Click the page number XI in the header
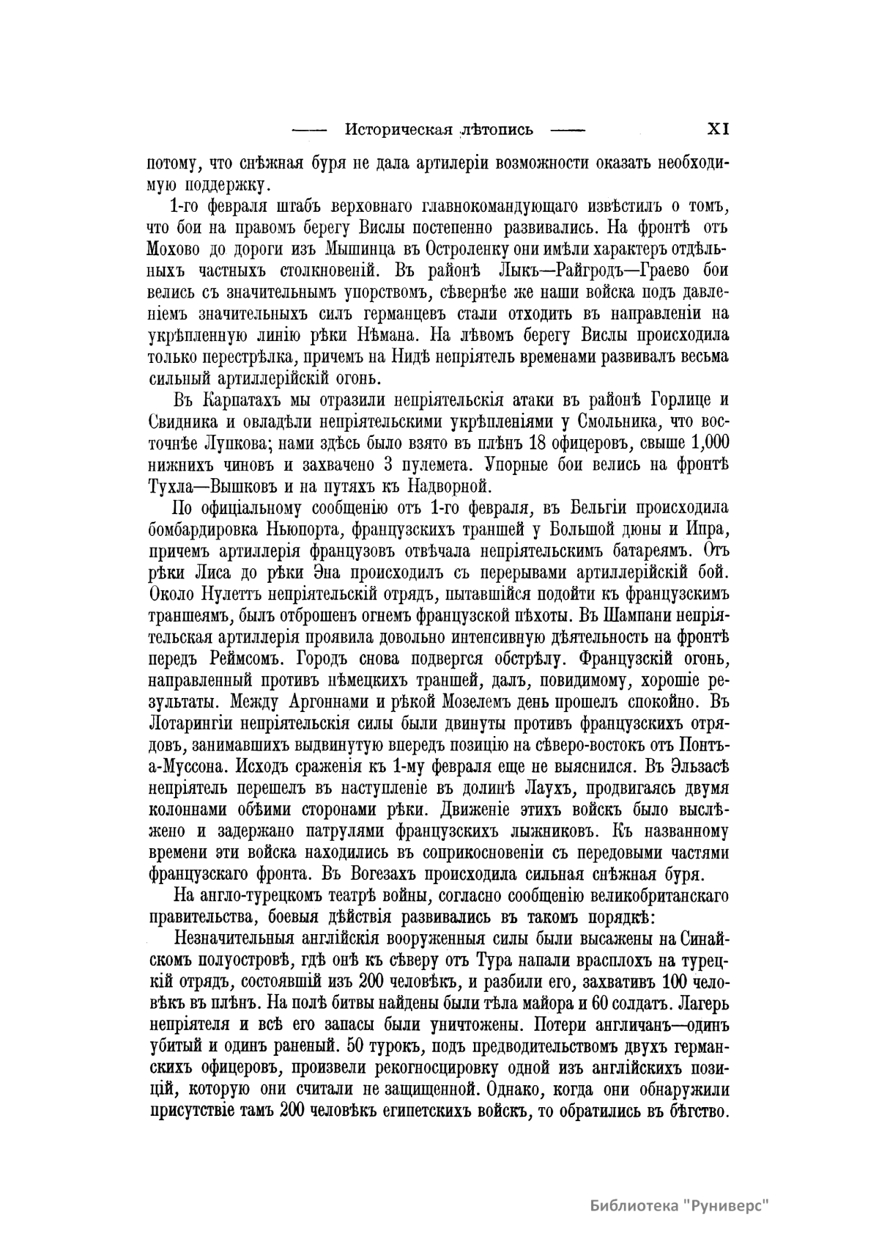pyautogui.click(x=716, y=130)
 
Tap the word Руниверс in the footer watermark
pyautogui.click(x=727, y=1205)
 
